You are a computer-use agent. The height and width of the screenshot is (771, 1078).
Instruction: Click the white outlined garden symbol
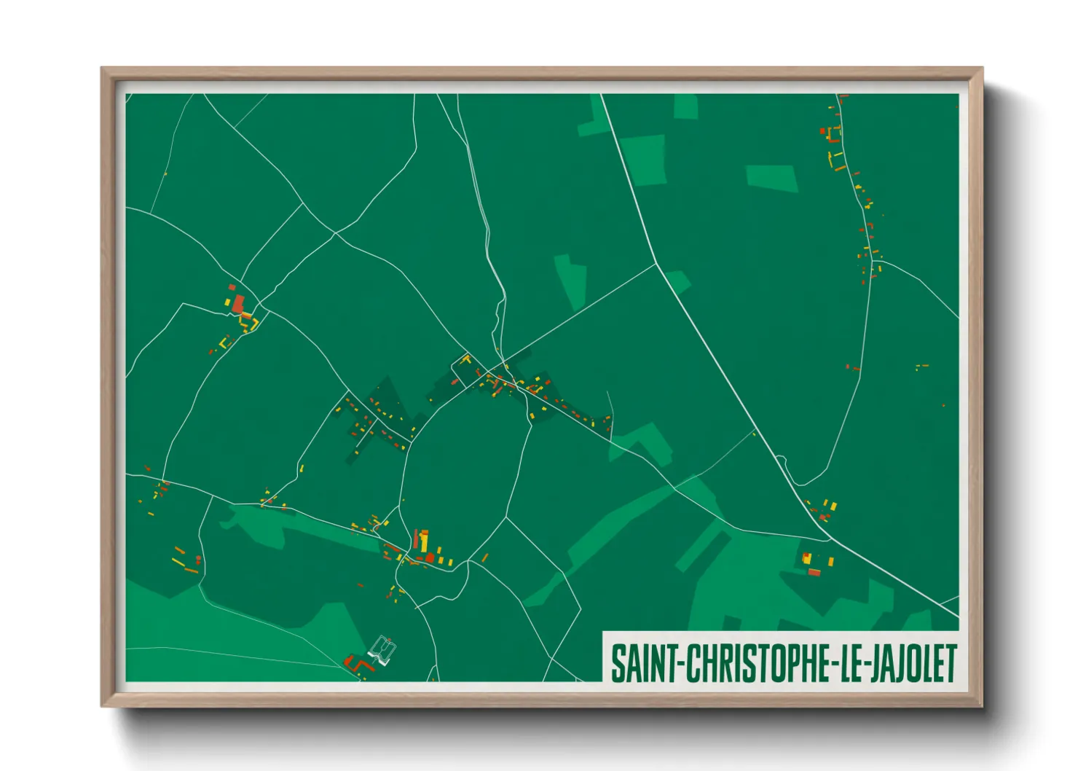383,650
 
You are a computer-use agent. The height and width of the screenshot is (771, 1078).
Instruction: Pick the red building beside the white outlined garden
358,665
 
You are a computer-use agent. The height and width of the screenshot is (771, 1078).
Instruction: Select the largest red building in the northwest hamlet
238,305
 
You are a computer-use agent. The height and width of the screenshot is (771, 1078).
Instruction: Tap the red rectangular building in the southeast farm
814,573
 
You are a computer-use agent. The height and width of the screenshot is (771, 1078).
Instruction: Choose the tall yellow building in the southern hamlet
423,542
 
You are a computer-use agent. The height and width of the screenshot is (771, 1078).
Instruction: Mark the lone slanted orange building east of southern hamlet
484,558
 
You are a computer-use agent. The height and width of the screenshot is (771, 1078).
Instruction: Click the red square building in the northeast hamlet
823,132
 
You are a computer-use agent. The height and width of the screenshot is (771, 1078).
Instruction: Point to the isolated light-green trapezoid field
772,178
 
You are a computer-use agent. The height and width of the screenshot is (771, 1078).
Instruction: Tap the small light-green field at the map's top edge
685,106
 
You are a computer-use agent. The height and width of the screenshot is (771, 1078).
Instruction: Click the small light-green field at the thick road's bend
676,281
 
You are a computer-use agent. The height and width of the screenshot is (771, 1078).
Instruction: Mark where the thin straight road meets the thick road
657,265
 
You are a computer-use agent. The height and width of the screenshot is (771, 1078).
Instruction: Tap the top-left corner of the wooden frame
102,69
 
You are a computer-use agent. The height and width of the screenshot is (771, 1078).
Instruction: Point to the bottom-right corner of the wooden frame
982,705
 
